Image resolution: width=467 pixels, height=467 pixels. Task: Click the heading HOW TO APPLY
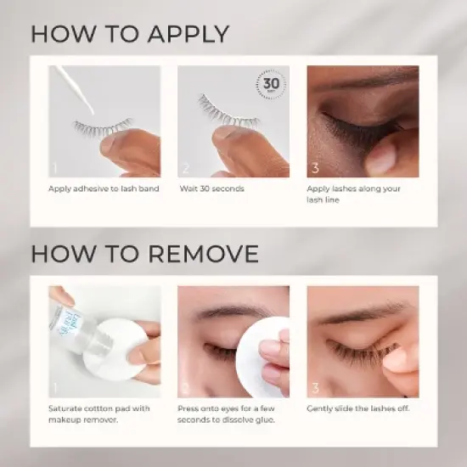(130, 34)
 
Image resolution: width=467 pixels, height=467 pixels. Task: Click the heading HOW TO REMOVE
(144, 253)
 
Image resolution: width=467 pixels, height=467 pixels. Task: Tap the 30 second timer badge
(271, 84)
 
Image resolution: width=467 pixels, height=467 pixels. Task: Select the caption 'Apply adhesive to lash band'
(103, 188)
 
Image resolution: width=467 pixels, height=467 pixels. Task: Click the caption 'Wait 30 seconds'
(212, 188)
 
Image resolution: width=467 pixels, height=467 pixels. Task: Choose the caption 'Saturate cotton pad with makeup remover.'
(98, 414)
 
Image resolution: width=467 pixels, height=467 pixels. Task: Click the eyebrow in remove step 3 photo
(357, 314)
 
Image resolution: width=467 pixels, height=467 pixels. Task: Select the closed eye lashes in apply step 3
(348, 131)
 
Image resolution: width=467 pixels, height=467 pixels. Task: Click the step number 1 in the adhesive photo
(54, 168)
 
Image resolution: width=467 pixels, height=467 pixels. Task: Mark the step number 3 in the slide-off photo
(315, 389)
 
